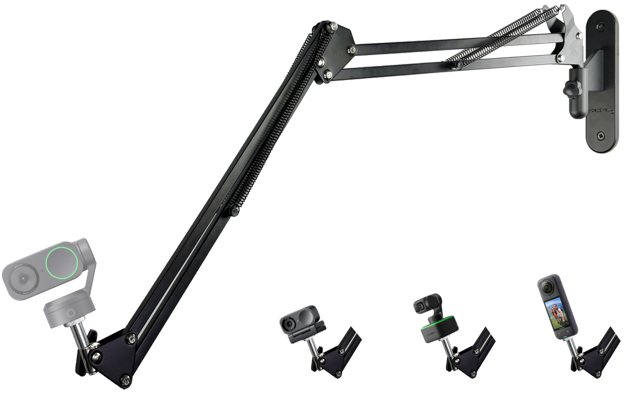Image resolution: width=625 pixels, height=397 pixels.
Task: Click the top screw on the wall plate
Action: pos(601,26)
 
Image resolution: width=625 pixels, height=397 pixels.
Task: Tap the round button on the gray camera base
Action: pos(71,313)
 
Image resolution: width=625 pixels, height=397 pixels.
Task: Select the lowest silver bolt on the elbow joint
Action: pos(328,75)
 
